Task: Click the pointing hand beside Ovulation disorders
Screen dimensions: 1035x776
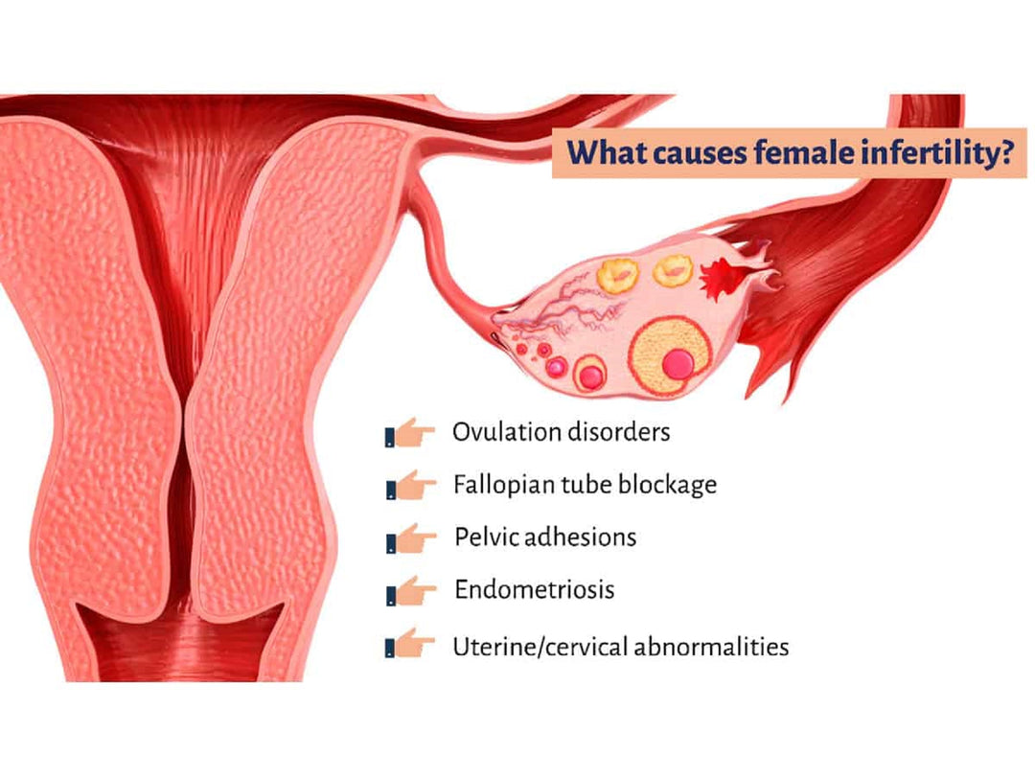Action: [409, 433]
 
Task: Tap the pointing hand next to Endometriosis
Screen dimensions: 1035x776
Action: [410, 590]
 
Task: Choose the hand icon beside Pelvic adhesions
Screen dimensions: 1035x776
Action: [410, 538]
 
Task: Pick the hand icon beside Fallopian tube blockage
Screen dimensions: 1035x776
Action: [410, 486]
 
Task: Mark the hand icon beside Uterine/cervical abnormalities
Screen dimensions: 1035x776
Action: [409, 644]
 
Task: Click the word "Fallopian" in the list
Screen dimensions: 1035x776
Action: [504, 486]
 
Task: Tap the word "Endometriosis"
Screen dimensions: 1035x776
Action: [535, 589]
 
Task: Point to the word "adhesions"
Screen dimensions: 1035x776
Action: [582, 537]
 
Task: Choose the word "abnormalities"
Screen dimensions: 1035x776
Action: [711, 647]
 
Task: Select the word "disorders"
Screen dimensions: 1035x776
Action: [619, 432]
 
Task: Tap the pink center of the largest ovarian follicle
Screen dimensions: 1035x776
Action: [678, 364]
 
